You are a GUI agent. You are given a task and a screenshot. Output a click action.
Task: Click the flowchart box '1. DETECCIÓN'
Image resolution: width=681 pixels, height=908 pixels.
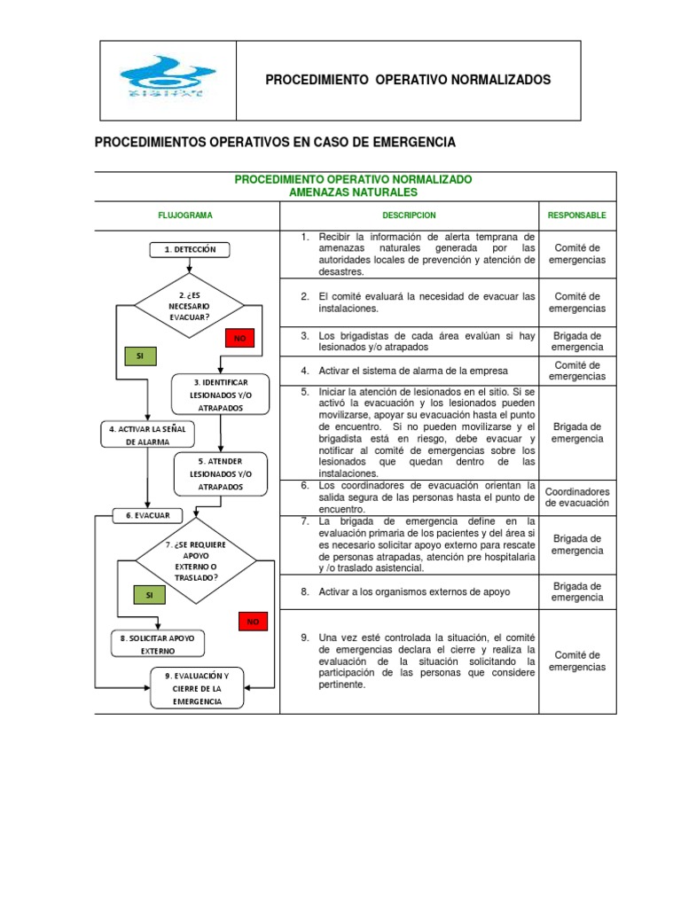190,250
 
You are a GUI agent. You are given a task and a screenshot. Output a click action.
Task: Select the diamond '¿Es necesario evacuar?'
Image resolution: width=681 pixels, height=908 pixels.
189,305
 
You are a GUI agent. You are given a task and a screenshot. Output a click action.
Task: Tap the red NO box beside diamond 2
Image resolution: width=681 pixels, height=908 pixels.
239,338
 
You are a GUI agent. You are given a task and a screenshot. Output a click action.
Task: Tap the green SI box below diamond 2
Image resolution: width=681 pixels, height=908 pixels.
140,356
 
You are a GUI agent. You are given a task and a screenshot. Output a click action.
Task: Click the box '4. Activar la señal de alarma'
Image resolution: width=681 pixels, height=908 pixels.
146,434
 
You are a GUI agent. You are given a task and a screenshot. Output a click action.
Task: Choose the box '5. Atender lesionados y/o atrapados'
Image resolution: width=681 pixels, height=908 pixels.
220,474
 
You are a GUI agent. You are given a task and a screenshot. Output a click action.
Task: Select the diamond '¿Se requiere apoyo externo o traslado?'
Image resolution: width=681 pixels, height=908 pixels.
195,560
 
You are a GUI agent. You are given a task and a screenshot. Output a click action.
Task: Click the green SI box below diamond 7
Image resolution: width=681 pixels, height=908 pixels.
148,595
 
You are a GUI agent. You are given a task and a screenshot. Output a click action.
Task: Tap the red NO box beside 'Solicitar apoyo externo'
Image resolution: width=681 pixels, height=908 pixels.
253,622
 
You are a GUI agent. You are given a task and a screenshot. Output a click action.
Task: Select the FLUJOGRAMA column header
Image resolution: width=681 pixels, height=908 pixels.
185,215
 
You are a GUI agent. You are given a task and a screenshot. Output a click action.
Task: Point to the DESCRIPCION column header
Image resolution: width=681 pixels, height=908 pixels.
409,215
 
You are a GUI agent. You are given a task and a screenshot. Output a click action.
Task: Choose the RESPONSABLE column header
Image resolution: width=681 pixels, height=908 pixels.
577,215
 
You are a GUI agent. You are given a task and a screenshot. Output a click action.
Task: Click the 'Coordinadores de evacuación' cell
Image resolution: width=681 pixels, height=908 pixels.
577,497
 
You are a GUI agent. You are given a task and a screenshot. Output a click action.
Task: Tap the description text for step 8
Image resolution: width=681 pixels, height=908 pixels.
414,591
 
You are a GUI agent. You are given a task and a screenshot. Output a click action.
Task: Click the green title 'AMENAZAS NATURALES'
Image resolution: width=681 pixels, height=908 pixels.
353,192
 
